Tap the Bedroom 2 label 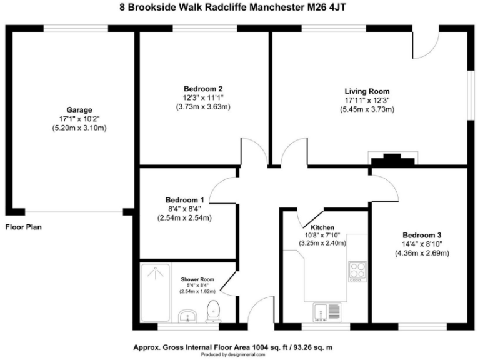click(x=203, y=88)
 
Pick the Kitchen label click(x=322, y=227)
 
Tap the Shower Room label click(x=197, y=279)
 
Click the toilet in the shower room click(x=213, y=311)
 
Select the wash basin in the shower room click(x=187, y=316)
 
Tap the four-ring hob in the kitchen click(x=357, y=271)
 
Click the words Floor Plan click(x=24, y=227)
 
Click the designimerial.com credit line click(x=239, y=354)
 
